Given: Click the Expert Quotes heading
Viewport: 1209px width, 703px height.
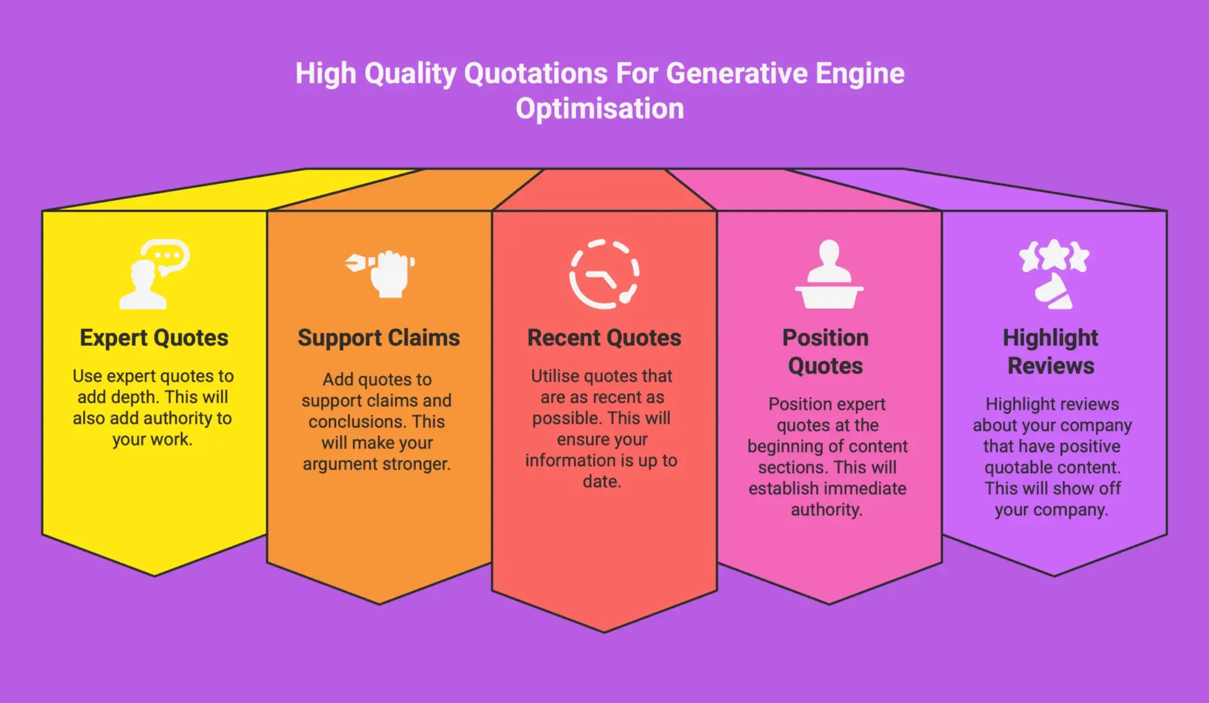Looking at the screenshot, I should pyautogui.click(x=154, y=338).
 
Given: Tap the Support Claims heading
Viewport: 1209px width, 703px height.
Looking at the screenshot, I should pyautogui.click(x=378, y=338).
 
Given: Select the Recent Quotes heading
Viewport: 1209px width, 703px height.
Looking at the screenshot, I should pyautogui.click(x=604, y=338).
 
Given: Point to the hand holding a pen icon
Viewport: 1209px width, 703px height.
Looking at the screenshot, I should pyautogui.click(x=380, y=273).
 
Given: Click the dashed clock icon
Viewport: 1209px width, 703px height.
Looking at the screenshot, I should pyautogui.click(x=604, y=274).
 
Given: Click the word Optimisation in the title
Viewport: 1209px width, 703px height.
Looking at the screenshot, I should pyautogui.click(x=599, y=109).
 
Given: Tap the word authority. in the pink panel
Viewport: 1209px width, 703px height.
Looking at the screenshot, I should pyautogui.click(x=826, y=510).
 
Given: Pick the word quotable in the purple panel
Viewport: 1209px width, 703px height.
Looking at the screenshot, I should pyautogui.click(x=1015, y=467).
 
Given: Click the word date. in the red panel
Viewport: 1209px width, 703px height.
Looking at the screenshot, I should pyautogui.click(x=601, y=482).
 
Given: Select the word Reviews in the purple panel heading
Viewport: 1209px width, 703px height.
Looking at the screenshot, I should pyautogui.click(x=1050, y=366).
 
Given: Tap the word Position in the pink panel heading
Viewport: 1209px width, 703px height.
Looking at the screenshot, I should pyautogui.click(x=825, y=338).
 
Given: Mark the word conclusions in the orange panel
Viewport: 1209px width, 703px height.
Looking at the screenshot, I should pyautogui.click(x=356, y=422).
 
